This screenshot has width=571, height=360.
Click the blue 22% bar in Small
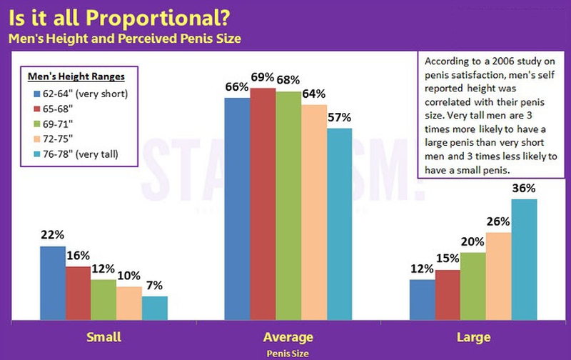53,282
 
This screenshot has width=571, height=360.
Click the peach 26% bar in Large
497,275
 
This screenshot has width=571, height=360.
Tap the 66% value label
236,87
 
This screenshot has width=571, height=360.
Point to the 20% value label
473,243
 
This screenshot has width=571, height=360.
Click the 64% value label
313,94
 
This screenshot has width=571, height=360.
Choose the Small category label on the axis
103,336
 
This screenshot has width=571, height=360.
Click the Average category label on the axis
288,336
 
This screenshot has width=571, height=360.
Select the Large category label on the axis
473,336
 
